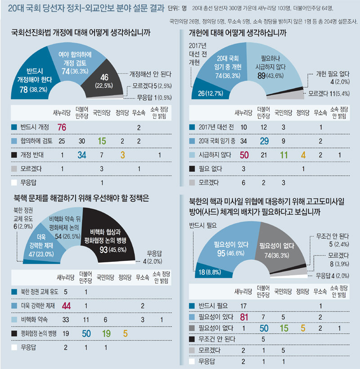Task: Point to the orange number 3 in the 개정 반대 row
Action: coord(122,155)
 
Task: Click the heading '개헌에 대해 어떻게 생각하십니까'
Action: coord(238,34)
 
